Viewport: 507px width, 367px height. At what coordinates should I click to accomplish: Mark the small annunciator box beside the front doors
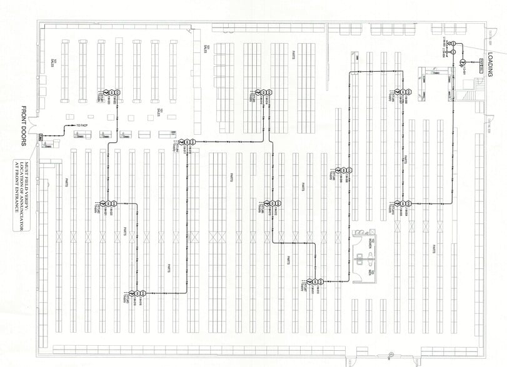point(41,137)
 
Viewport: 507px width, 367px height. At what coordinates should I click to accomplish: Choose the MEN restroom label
point(370,272)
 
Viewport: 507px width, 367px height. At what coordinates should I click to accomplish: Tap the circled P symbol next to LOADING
point(463,62)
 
